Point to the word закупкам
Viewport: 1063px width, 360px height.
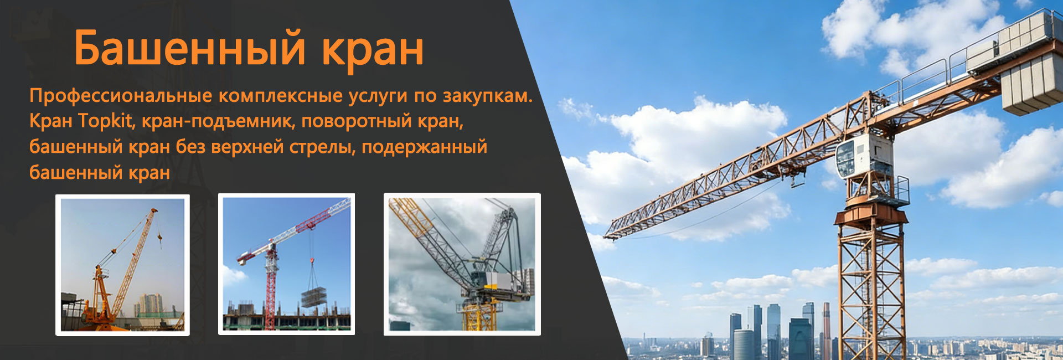point(487,96)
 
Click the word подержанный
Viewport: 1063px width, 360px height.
point(424,147)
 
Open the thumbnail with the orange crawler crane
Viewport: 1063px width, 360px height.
point(122,265)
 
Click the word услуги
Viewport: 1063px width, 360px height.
point(379,96)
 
